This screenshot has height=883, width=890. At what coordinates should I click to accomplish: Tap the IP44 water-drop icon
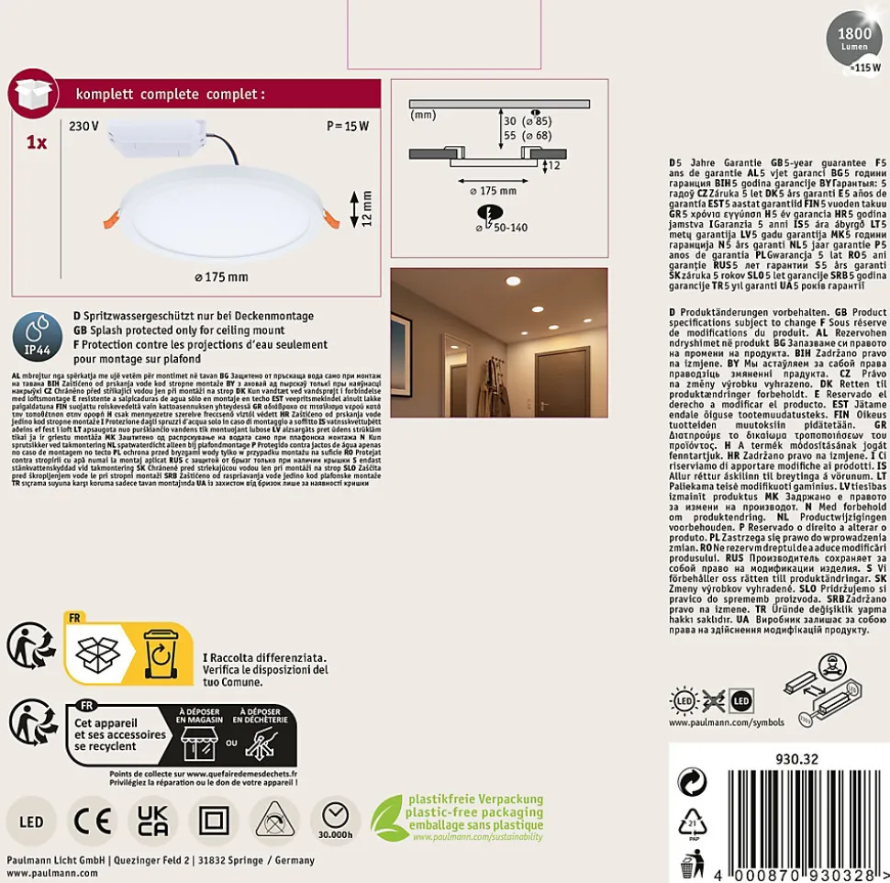tap(36, 335)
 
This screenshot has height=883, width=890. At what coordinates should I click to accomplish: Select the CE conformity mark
tap(93, 820)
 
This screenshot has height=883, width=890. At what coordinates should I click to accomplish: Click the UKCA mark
tap(154, 820)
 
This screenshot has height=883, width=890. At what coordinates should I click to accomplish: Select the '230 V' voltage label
tap(83, 126)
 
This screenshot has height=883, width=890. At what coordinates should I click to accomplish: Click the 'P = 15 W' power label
tap(348, 126)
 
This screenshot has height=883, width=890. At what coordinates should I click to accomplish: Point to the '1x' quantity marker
tap(37, 144)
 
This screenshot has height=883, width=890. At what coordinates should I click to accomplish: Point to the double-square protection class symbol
tap(215, 820)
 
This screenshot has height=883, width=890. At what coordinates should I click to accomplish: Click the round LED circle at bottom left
tap(31, 821)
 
